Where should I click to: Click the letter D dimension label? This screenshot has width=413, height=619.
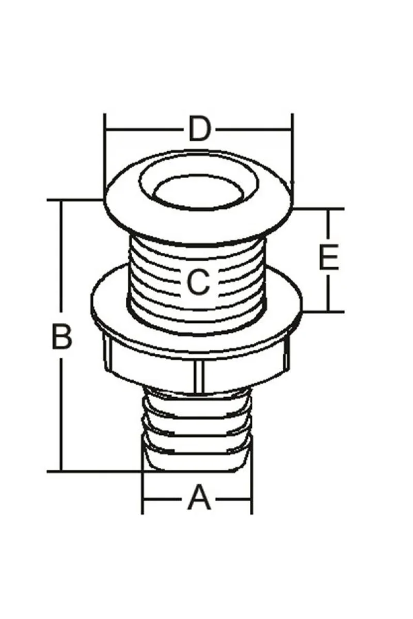tap(199, 129)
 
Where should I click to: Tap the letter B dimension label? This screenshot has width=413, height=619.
tap(61, 337)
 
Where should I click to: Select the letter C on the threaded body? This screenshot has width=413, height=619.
tap(198, 282)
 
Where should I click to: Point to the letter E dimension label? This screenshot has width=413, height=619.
tap(329, 257)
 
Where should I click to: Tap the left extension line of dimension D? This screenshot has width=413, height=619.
tap(105, 155)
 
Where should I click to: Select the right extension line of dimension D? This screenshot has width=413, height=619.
tap(292, 155)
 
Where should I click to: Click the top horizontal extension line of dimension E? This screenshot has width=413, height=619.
tap(318, 209)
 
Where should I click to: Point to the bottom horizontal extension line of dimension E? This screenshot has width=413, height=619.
tap(323, 312)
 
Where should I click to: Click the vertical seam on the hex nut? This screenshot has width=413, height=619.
tap(198, 377)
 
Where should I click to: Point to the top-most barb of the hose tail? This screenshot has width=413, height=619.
tap(198, 398)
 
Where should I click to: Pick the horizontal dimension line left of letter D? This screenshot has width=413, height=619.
tap(145, 129)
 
